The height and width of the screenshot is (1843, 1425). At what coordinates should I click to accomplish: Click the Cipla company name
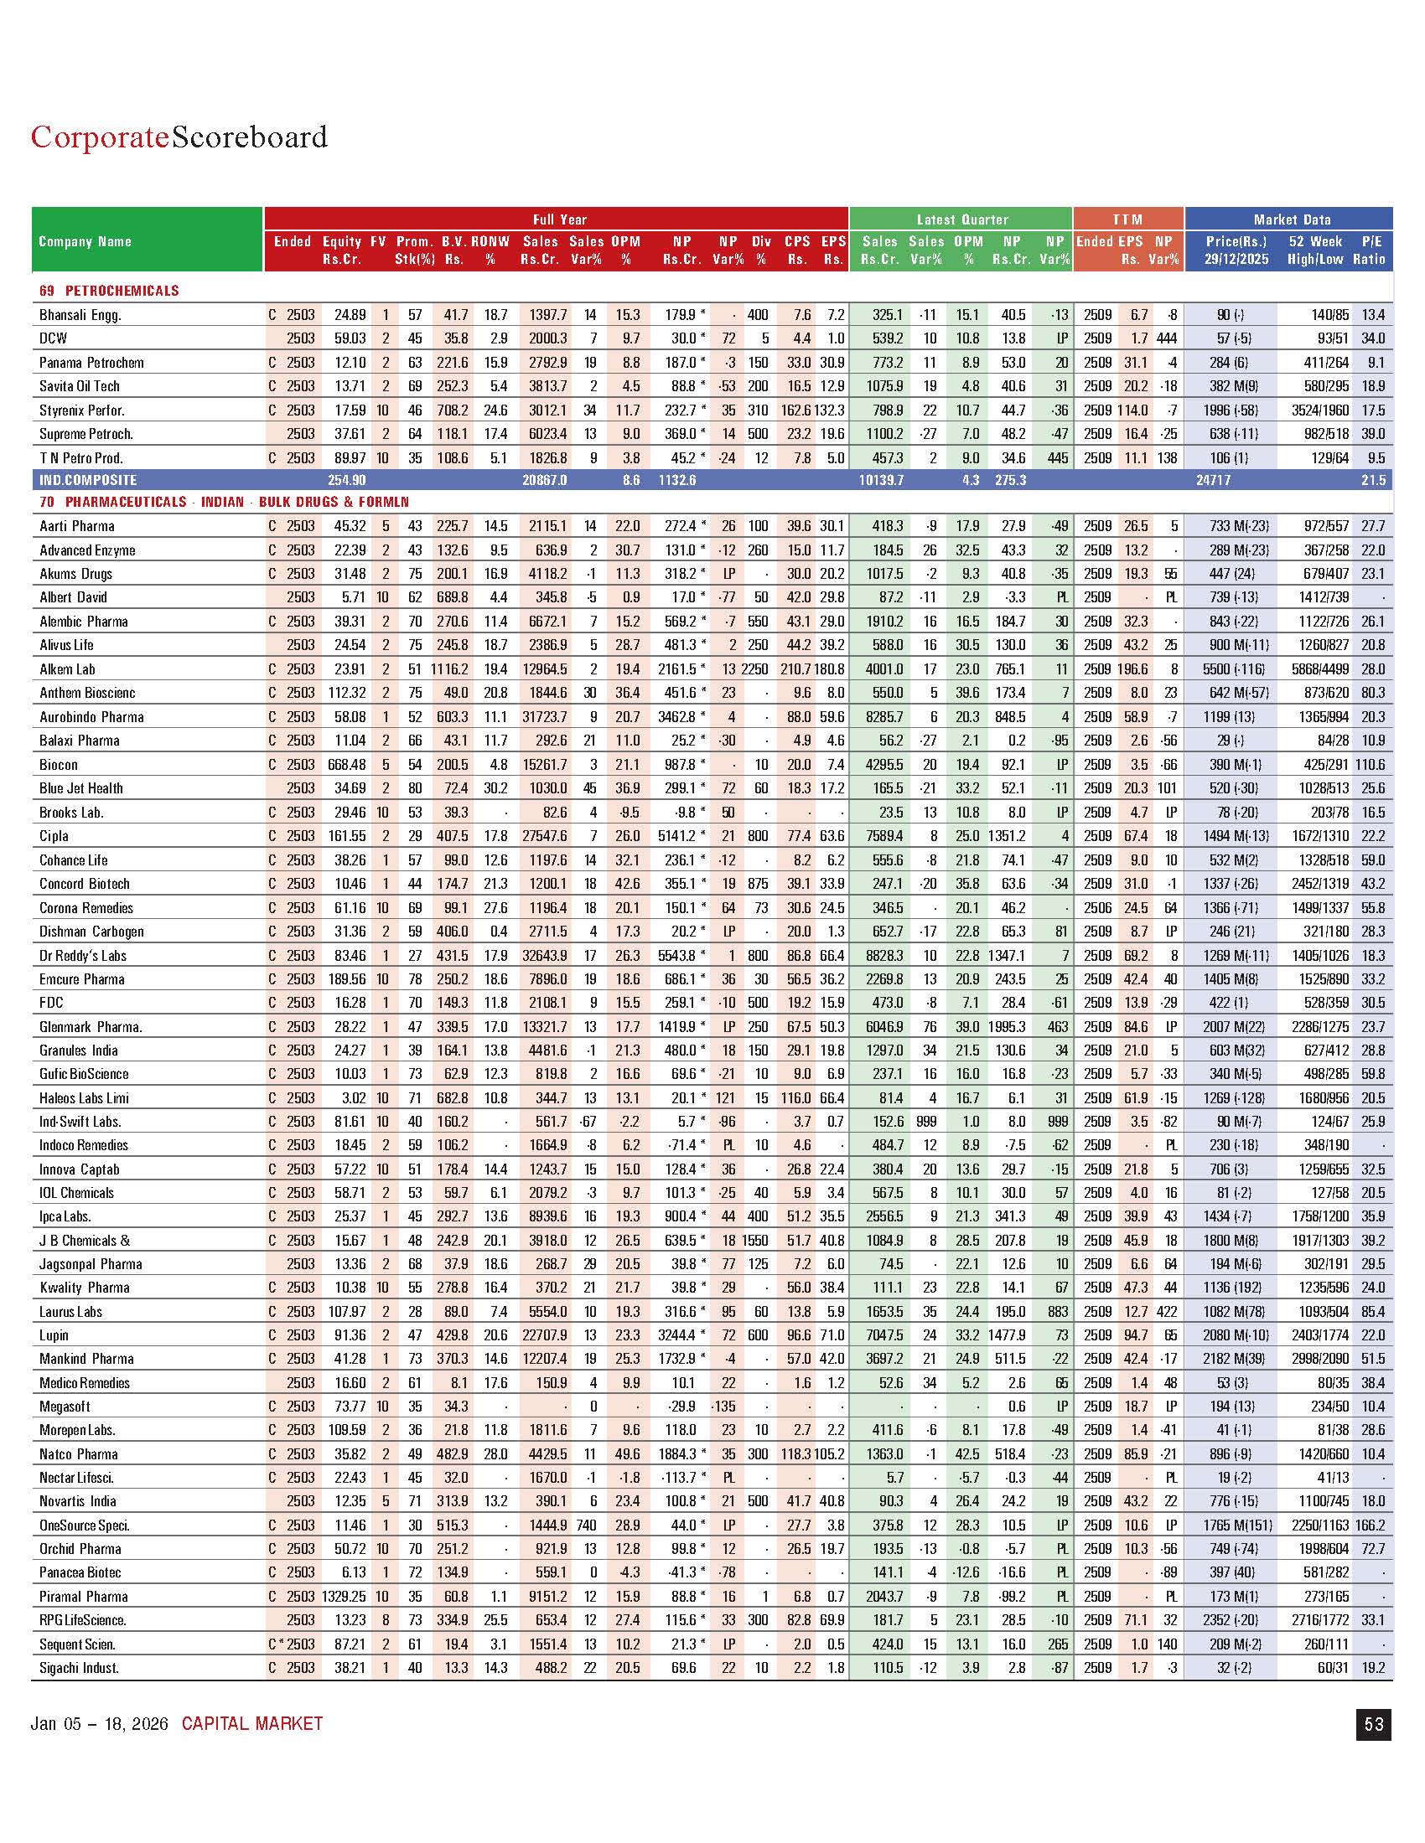tap(54, 836)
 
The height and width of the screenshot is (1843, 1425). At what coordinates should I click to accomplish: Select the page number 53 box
tap(1374, 1723)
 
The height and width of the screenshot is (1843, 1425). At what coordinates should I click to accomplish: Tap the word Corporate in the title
tap(100, 137)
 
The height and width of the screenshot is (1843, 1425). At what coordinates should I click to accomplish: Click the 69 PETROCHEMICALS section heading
tap(109, 292)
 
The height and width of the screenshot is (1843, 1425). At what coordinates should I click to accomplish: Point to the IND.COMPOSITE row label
tap(88, 480)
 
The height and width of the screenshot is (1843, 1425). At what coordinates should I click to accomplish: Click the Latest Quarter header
tap(961, 219)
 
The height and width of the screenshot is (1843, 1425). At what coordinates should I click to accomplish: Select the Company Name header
tap(85, 241)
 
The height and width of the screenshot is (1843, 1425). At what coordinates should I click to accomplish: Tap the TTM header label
tap(1127, 219)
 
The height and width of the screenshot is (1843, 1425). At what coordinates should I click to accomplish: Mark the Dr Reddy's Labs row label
tap(83, 955)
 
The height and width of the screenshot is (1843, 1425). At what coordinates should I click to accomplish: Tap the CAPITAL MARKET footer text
tap(252, 1723)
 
